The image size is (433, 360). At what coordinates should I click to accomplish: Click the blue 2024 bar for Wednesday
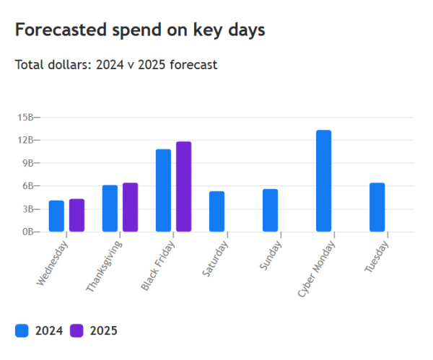pyautogui.click(x=56, y=216)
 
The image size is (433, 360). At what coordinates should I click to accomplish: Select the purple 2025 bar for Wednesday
pyautogui.click(x=77, y=215)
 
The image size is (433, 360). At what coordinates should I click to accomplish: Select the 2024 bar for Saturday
pyautogui.click(x=216, y=211)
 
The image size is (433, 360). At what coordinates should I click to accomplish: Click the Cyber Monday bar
pyautogui.click(x=323, y=181)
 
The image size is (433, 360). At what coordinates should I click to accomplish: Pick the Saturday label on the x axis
pyautogui.click(x=215, y=258)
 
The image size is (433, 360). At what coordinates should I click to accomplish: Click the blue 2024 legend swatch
pyautogui.click(x=22, y=330)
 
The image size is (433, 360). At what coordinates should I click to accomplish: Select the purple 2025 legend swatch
pyautogui.click(x=76, y=330)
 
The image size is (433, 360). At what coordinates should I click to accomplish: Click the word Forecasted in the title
pyautogui.click(x=60, y=30)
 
